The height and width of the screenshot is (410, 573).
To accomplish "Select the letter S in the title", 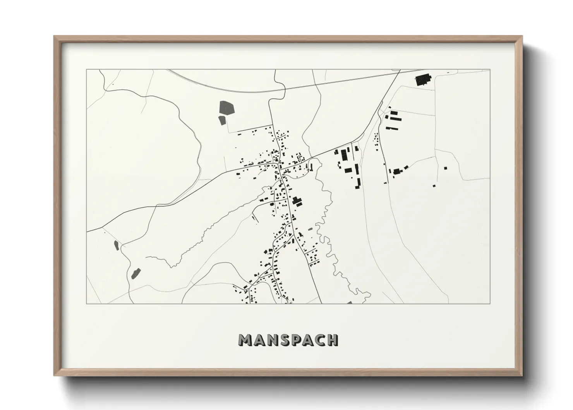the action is tap(283, 340).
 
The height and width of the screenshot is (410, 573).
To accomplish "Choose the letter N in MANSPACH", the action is tap(271, 340).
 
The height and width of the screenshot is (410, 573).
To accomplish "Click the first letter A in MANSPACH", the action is tap(259, 340).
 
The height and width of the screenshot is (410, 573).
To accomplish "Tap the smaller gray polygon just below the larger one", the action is tap(222, 120).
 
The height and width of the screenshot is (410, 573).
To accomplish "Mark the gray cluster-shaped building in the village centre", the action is tap(297, 201).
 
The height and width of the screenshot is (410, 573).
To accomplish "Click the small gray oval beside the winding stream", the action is tap(310, 229).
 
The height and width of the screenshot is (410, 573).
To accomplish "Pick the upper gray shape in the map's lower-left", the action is tap(116, 245).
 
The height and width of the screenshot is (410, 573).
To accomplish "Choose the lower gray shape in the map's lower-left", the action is tap(136, 273).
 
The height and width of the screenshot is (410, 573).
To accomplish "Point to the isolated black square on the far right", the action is tap(445, 168).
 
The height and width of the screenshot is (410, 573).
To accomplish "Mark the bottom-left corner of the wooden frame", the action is tap(55, 376).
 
